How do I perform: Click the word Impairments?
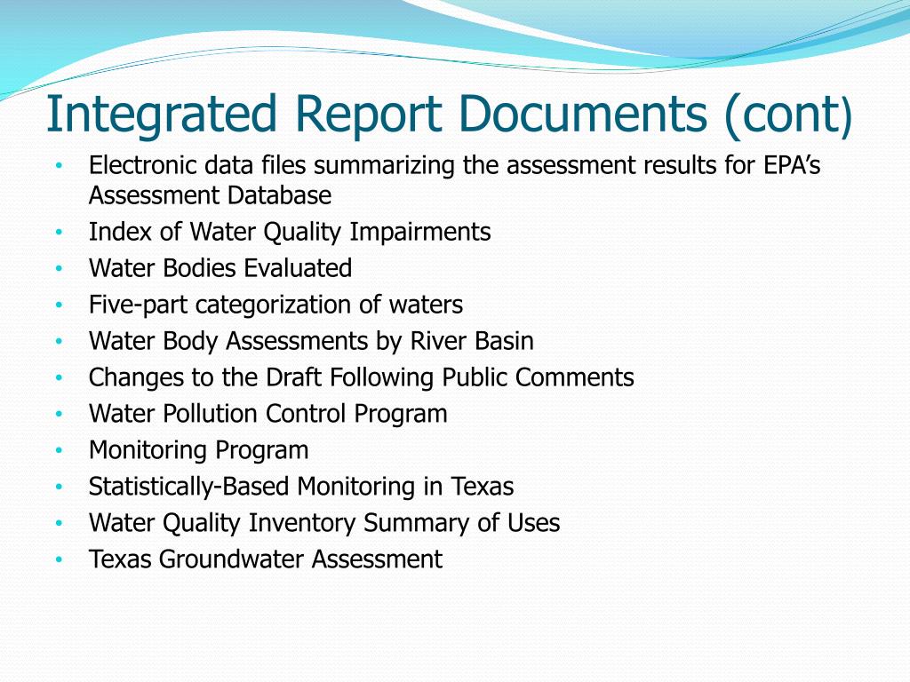419,232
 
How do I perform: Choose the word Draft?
294,377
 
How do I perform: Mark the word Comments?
575,377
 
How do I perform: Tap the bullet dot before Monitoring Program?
59,451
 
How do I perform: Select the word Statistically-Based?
190,487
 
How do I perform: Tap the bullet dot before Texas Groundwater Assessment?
59,560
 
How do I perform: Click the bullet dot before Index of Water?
59,233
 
